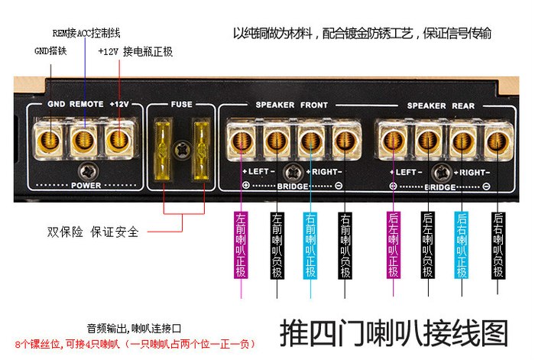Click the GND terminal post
point(50,140)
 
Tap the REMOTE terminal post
point(83,140)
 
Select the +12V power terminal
point(117,140)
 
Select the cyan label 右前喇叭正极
point(310,245)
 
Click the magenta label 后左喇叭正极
point(394,245)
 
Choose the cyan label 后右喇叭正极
point(462,245)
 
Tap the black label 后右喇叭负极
point(498,245)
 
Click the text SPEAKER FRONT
point(291,105)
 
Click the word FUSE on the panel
point(181,105)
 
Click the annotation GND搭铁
point(52,50)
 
